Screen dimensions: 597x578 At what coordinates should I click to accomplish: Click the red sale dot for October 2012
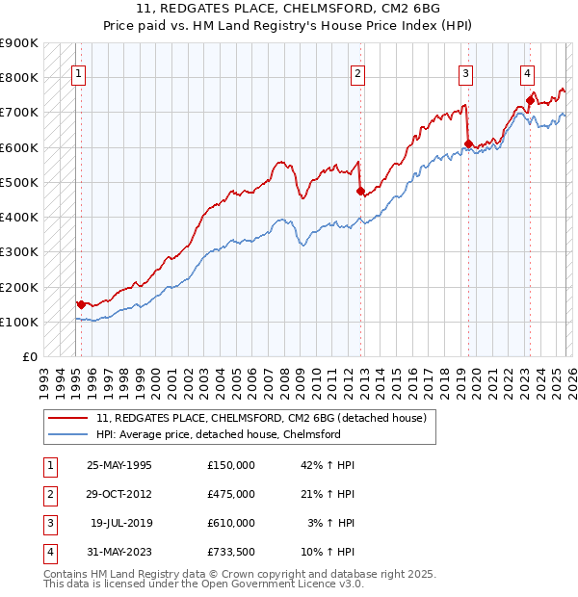click(359, 191)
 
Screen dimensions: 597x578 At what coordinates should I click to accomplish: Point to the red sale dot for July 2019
click(468, 144)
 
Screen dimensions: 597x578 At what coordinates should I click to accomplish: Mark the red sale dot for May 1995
click(80, 304)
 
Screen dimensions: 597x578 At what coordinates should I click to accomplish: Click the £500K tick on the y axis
click(19, 182)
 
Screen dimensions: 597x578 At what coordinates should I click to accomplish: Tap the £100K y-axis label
click(19, 322)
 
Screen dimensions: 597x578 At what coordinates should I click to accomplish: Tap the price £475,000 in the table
click(231, 494)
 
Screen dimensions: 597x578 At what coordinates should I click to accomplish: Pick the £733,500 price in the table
click(231, 552)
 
